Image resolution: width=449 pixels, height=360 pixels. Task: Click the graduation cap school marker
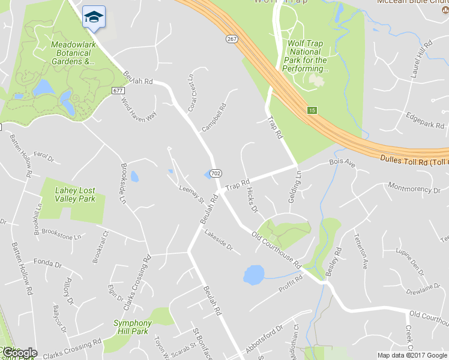coord(93,17)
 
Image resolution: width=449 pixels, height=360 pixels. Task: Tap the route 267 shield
coord(232,39)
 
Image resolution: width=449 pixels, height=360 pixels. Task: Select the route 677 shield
coord(118,90)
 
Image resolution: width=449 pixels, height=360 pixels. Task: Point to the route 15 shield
coord(312,110)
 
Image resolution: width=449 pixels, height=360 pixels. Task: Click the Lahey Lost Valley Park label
coord(75,194)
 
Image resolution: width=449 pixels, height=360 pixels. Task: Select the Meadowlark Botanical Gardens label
coord(73,53)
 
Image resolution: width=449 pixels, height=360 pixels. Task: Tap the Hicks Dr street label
coord(252,200)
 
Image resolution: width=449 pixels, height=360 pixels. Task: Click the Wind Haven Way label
coord(139,109)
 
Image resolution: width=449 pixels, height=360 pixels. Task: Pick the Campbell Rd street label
coord(214,118)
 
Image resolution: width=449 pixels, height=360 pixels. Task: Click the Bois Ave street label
coord(343,163)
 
